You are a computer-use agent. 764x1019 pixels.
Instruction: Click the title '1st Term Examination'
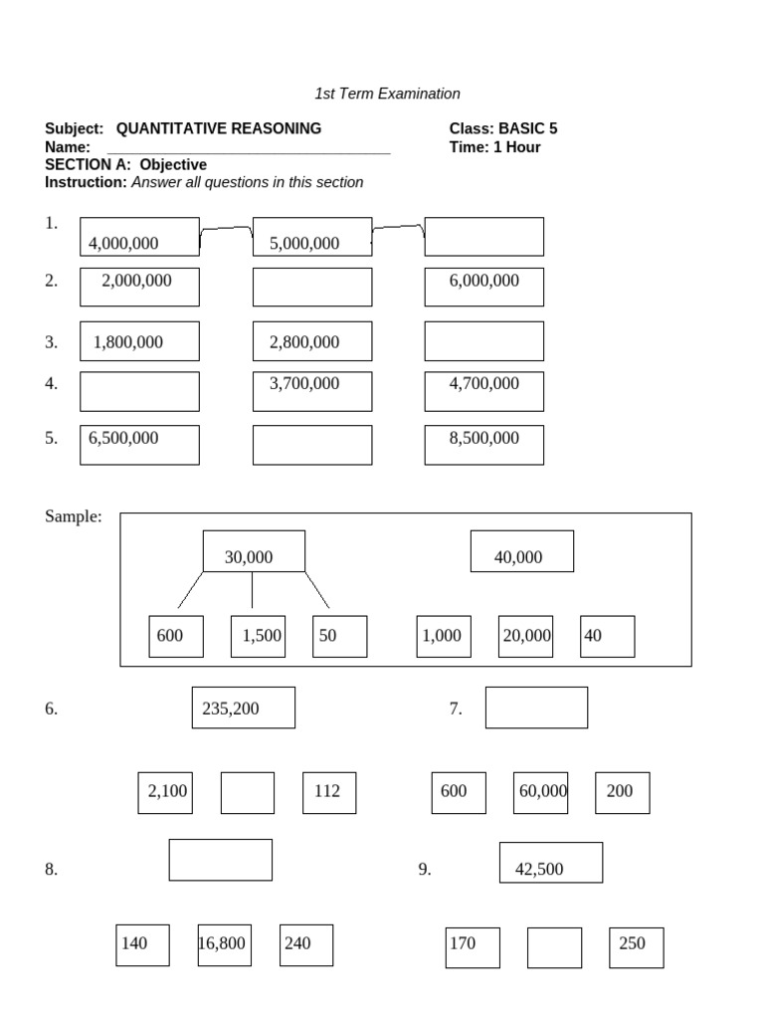pos(387,94)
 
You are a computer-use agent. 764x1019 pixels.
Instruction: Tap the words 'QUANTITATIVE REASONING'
pos(218,128)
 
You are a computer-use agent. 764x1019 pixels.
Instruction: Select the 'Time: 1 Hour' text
pos(494,147)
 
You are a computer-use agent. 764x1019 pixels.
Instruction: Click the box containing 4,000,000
pos(139,237)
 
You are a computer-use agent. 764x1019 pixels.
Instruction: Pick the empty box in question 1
pos(484,237)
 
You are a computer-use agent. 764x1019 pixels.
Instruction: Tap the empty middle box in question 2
pos(312,287)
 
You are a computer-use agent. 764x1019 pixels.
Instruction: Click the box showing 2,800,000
pos(312,341)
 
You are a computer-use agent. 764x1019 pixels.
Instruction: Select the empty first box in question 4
pos(139,391)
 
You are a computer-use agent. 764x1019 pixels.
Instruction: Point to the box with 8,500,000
pos(484,445)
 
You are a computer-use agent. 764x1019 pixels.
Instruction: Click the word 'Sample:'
pos(74,516)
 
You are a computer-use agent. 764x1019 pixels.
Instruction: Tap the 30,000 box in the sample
pos(254,551)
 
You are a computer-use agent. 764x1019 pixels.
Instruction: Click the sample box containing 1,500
pos(258,636)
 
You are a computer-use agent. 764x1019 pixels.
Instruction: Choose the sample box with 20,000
pos(525,636)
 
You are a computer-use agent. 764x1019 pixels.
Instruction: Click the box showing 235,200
pos(244,708)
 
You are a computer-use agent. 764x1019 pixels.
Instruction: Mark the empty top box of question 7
pos(536,708)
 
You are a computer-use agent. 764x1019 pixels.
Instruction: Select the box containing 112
pos(329,793)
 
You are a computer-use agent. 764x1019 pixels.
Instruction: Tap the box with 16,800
pos(224,945)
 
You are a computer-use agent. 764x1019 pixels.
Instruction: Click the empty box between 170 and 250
pos(554,947)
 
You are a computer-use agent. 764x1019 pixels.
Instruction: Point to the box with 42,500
pos(551,863)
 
